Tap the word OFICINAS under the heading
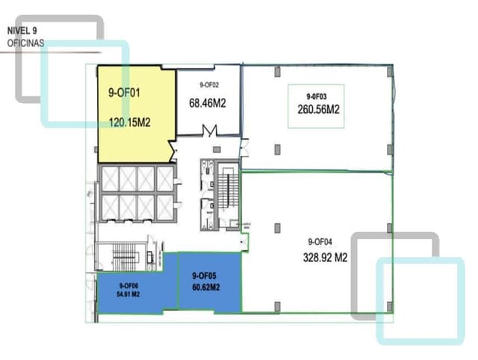(25, 43)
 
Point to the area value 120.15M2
(131, 122)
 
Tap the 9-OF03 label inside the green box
(317, 97)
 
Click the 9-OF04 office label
(320, 241)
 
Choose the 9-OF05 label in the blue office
(205, 276)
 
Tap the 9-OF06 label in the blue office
(128, 285)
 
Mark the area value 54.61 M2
(128, 294)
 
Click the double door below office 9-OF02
(209, 131)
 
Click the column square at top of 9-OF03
(276, 71)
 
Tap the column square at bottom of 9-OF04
(276, 305)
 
